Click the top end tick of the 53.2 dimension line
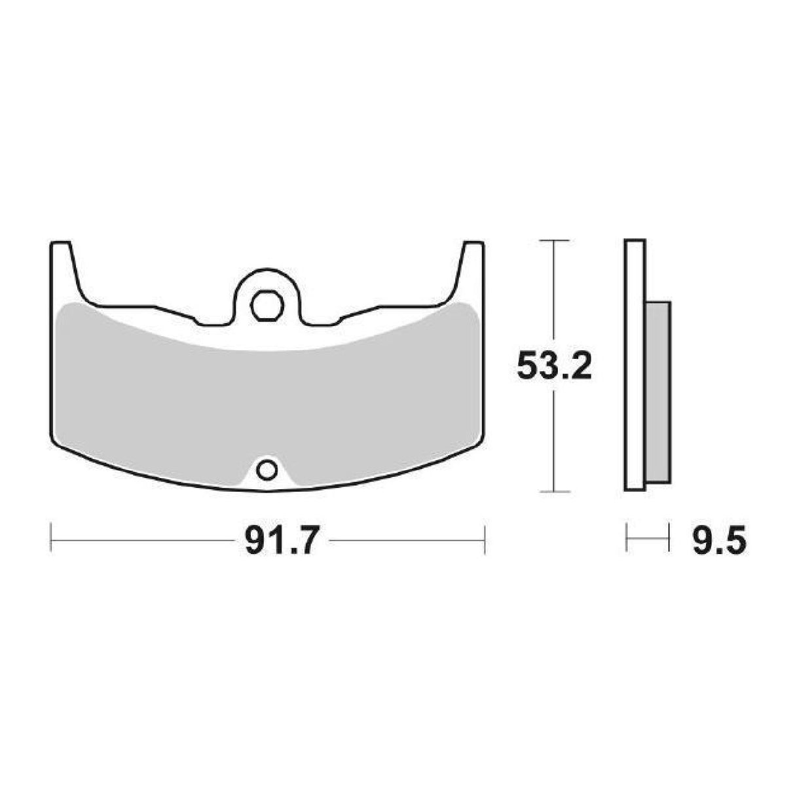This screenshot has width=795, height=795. click(x=555, y=241)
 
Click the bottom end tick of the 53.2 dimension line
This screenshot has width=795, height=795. click(x=555, y=491)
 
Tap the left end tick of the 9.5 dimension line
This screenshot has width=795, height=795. click(x=627, y=540)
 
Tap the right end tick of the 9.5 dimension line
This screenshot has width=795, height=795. click(x=669, y=540)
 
